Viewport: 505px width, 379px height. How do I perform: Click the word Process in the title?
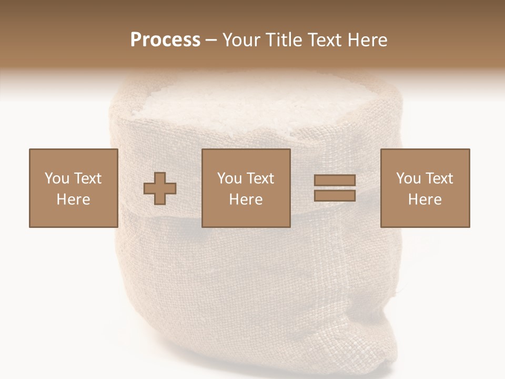tap(165, 40)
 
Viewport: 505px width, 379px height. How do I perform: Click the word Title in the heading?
tap(283, 40)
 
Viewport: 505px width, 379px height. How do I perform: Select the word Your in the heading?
tap(241, 40)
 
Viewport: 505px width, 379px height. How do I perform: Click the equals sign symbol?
tap(335, 188)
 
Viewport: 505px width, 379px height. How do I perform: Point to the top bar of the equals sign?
tap(335, 181)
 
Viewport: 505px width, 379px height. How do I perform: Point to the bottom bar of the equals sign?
tap(335, 195)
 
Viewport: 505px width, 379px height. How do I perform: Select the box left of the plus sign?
tap(73, 188)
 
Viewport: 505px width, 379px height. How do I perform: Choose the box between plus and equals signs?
tap(246, 188)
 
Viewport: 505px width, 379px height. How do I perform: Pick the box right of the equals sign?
tap(425, 188)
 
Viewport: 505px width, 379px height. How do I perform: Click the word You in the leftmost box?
tap(56, 178)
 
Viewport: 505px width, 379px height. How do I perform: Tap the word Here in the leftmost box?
tap(73, 200)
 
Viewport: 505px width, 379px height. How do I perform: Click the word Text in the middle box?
tap(260, 178)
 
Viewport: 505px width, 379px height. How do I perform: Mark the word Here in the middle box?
tap(246, 200)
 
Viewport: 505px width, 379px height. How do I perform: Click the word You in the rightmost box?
tap(408, 178)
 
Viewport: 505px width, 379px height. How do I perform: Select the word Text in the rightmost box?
tap(439, 178)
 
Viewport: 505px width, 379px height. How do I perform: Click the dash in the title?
tap(211, 41)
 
